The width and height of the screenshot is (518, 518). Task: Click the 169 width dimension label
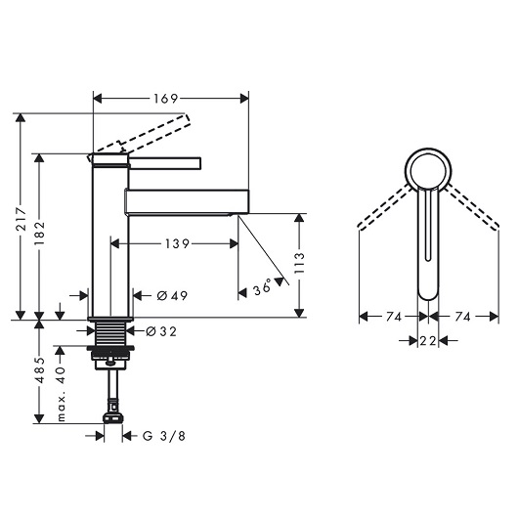point(166,99)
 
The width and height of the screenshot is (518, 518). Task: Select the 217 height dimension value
point(22,219)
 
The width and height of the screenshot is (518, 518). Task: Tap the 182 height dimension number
point(40,234)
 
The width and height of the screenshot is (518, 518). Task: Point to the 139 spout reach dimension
point(177,244)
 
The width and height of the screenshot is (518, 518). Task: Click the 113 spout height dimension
point(299,263)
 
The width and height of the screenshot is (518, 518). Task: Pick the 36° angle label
point(263,288)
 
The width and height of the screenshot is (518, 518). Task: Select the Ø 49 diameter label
point(172,295)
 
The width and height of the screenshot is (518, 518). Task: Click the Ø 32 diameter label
point(161,331)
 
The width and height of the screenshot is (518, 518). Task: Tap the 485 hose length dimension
point(40,370)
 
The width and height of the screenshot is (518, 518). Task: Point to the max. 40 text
point(61,394)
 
